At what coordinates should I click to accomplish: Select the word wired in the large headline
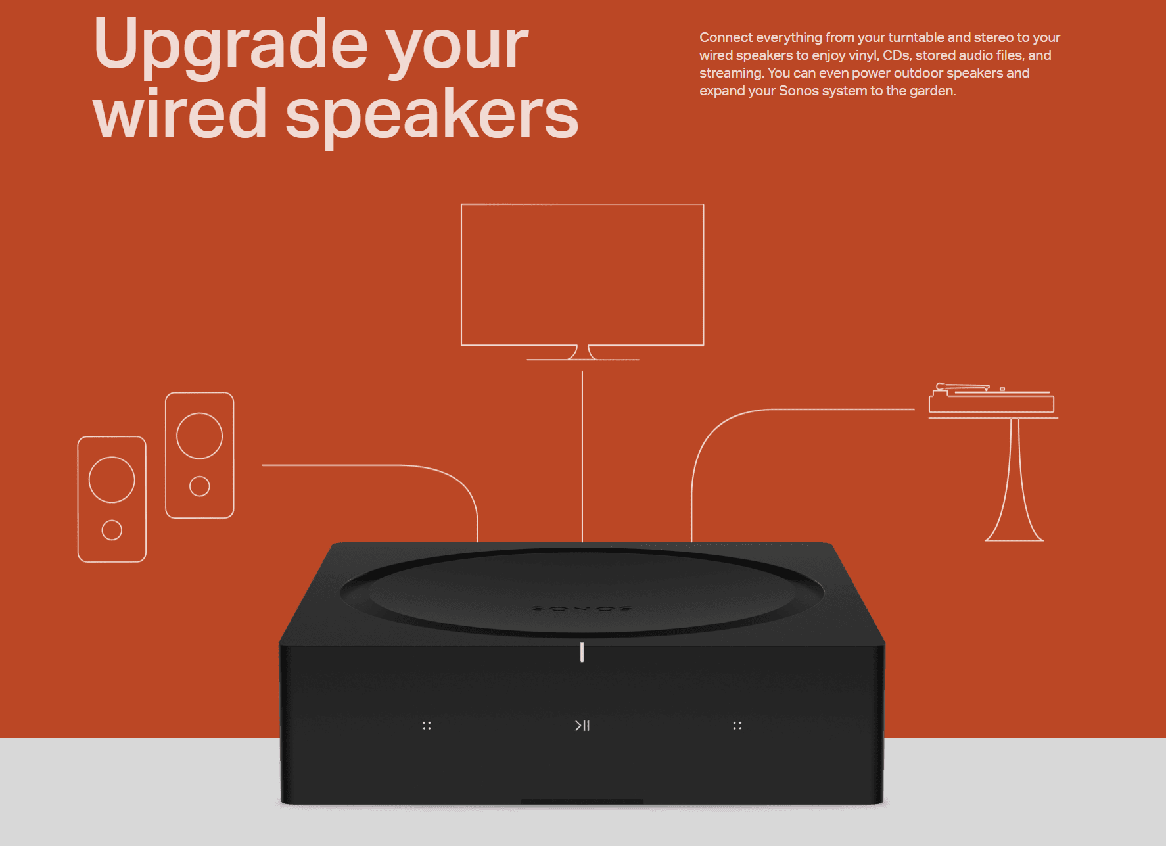point(180,113)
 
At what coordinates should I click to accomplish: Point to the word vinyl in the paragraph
point(862,55)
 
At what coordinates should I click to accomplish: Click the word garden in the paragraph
point(933,91)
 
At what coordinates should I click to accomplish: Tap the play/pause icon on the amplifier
point(582,726)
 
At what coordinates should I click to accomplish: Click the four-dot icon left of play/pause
point(427,726)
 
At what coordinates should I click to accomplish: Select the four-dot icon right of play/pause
point(737,726)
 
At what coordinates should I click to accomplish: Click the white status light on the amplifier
point(582,652)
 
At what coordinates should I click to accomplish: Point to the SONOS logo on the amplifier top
point(582,608)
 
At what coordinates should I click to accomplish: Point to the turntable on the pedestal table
point(992,398)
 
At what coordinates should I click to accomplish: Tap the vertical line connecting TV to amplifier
point(582,457)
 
